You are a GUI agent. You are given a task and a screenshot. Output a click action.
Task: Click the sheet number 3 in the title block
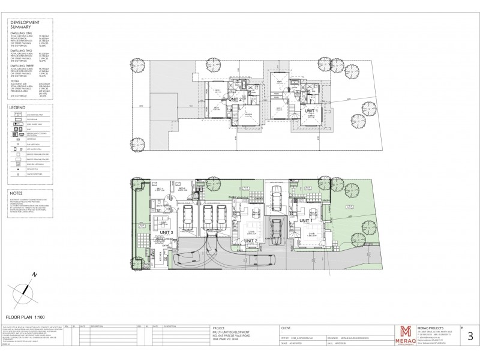[469, 338]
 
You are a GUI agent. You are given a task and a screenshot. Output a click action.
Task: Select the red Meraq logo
[405, 333]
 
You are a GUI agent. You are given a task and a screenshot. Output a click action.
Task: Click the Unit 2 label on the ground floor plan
[252, 241]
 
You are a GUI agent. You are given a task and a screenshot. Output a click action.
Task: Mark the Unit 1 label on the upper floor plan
[311, 111]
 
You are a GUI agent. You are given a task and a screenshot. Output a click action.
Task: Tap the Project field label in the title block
[218, 328]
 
